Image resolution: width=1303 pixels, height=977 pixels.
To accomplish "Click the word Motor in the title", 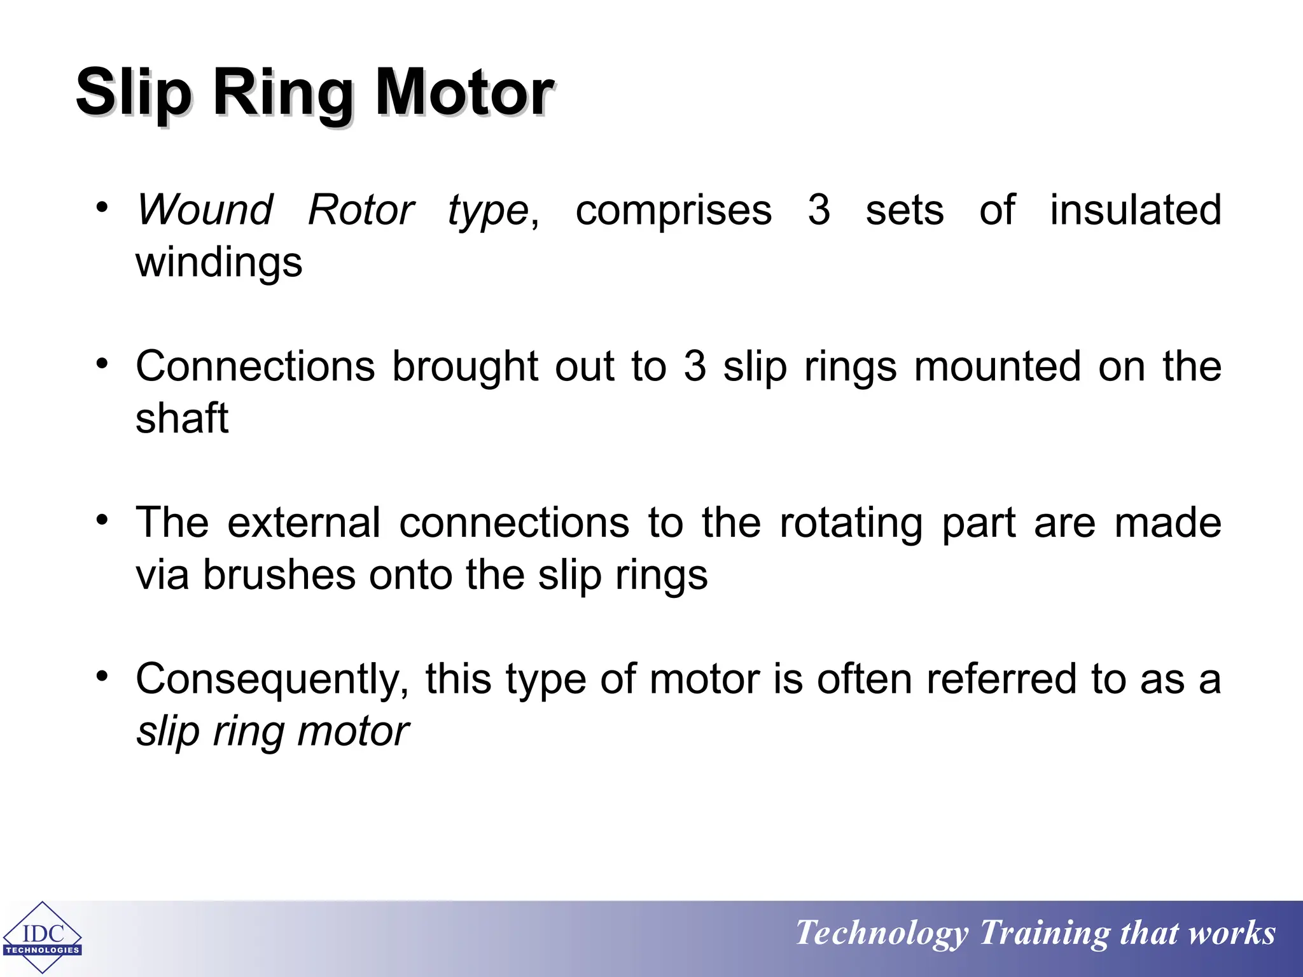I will click(464, 93).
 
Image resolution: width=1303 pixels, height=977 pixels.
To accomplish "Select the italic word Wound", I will click(206, 210).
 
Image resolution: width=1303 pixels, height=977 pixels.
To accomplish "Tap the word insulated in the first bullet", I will click(1135, 210).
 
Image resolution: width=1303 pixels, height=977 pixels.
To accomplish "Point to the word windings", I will click(219, 263).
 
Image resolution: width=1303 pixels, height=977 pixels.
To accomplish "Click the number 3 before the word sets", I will click(819, 210).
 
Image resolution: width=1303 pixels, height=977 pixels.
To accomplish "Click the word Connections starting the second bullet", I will click(255, 366).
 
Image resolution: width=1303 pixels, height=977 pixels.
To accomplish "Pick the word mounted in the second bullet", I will click(997, 366).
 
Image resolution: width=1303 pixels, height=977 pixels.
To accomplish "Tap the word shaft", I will click(182, 419).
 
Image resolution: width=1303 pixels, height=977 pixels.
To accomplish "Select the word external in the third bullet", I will click(303, 523).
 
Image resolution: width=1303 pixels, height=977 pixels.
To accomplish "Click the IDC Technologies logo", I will click(43, 938).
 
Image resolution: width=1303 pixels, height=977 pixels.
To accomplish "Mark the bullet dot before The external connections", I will click(102, 520).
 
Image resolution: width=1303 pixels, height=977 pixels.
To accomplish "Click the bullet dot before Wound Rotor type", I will click(102, 207).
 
